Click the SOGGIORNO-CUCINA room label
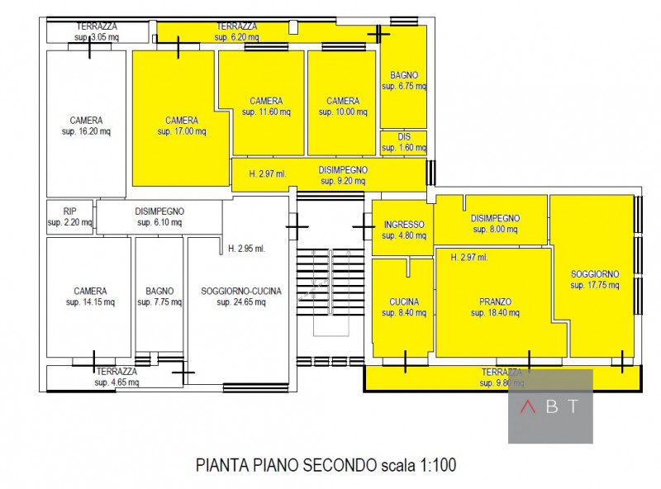(x=241, y=291)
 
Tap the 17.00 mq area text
(x=180, y=131)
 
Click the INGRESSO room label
(x=403, y=225)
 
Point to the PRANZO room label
(x=495, y=301)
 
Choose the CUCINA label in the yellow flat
(x=403, y=301)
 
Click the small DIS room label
(x=403, y=137)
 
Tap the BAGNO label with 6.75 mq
(x=404, y=75)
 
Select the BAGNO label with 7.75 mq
(x=159, y=291)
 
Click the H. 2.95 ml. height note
(x=246, y=248)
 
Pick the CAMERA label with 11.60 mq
(x=265, y=101)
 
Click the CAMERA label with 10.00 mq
(x=342, y=101)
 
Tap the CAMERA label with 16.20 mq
(x=86, y=120)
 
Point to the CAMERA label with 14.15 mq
(x=90, y=291)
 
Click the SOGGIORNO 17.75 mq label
(x=595, y=274)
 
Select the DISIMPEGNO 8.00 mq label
(x=495, y=218)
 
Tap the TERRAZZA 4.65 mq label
(x=116, y=372)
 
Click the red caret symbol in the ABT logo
(x=527, y=406)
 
